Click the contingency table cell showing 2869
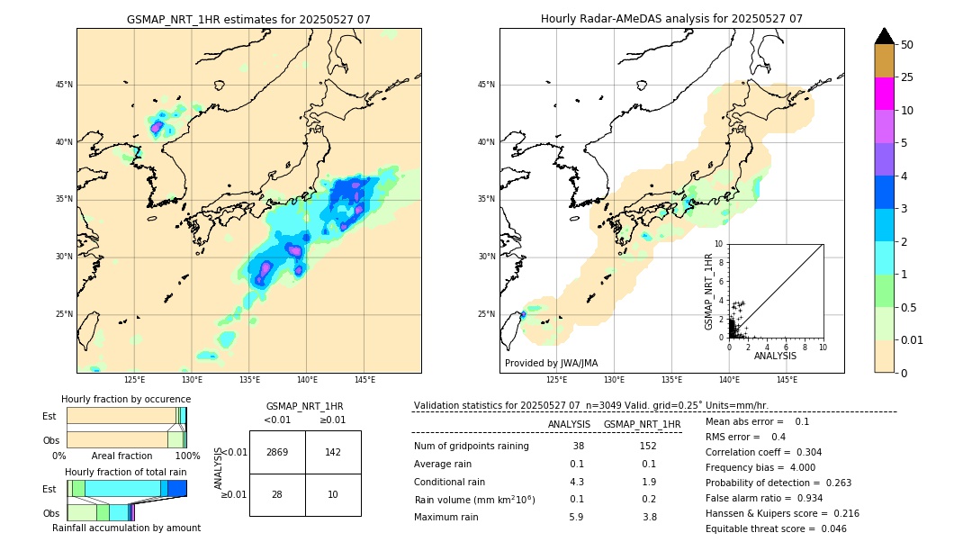[277, 452]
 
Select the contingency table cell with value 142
[333, 452]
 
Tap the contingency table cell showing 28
[277, 494]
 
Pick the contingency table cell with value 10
[333, 494]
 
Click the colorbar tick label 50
[907, 45]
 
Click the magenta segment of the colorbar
[885, 94]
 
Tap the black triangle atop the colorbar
[885, 36]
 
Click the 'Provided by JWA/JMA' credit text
[551, 364]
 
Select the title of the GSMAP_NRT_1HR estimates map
[248, 19]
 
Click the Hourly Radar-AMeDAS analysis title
[671, 19]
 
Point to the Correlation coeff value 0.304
[802, 452]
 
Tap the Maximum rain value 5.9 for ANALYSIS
[577, 517]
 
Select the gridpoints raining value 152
[648, 446]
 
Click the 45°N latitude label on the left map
[64, 85]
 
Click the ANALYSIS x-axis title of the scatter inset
[774, 356]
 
